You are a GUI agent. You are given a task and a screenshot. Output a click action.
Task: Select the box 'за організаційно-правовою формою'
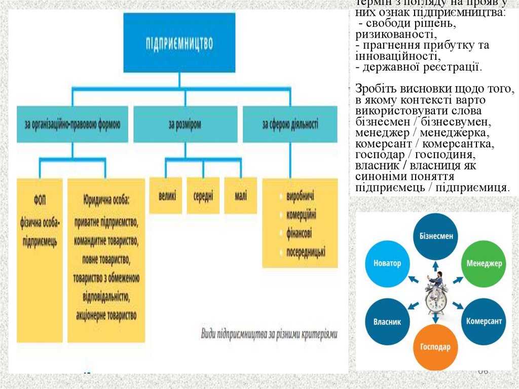[x=72, y=124]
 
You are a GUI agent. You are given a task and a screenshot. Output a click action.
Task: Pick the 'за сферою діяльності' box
[x=290, y=124]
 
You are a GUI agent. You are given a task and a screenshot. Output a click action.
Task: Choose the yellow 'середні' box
[x=203, y=195]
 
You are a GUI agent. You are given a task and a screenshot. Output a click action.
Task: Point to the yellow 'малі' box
[x=241, y=195]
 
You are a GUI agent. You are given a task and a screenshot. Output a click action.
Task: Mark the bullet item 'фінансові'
[x=299, y=233]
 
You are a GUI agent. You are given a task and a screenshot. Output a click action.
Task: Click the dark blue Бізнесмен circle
[x=436, y=235]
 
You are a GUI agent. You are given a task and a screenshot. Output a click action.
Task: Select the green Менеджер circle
[x=484, y=264]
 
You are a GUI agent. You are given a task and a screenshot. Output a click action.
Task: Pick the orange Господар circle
[x=435, y=347]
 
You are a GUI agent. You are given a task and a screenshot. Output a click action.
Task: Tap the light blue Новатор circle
[x=387, y=264]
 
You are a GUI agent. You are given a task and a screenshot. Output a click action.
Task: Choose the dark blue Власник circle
[x=387, y=322]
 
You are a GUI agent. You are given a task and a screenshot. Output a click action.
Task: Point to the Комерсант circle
[x=484, y=322]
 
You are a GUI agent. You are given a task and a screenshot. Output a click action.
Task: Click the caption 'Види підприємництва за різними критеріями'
[x=269, y=334]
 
